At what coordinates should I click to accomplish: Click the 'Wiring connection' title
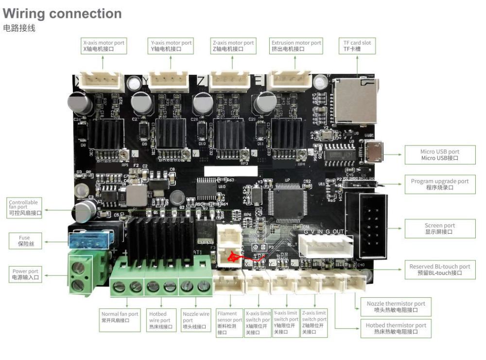coord(62,14)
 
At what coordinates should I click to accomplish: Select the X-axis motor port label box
coord(104,46)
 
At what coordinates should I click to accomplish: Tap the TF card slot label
coord(357,46)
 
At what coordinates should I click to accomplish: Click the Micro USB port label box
coord(440,155)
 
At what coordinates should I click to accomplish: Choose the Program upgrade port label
coord(440,184)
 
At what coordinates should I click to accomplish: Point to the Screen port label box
coord(440,228)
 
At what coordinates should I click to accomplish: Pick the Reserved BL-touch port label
coord(440,270)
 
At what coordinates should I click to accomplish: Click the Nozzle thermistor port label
coord(396,307)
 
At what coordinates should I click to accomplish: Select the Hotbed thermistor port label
coord(396,328)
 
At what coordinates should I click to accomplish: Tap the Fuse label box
coord(24,240)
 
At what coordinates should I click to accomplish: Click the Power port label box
coord(25,274)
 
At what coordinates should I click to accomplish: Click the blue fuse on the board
coord(88,241)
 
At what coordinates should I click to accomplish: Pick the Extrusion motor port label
coord(296,46)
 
